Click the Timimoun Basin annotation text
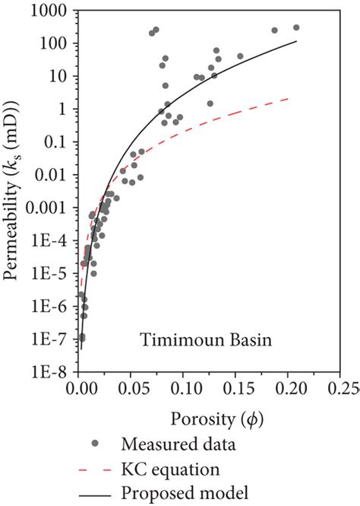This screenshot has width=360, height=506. point(201,340)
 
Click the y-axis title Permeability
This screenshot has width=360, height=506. point(13,190)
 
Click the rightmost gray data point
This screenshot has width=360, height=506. point(296,27)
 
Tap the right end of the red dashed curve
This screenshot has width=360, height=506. point(288,97)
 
